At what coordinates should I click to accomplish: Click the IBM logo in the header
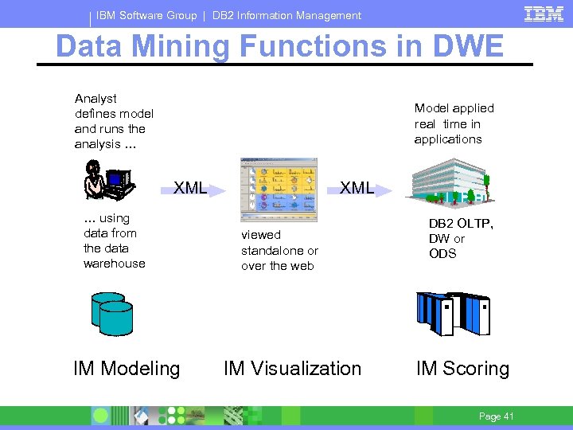[544, 14]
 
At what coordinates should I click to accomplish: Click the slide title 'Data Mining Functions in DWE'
[279, 46]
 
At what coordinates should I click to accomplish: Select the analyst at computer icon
[106, 180]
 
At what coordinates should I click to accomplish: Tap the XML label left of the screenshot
[190, 189]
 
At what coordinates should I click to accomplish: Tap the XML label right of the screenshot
[357, 188]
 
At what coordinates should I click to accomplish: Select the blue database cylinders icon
[111, 314]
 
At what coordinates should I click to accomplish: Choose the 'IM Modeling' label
[127, 369]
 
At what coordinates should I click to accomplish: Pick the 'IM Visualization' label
[292, 369]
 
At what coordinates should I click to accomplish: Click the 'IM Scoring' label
[462, 369]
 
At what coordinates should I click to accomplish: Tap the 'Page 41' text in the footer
[496, 416]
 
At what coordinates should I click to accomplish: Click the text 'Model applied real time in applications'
[454, 123]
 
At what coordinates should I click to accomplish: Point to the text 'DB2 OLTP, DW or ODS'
[461, 238]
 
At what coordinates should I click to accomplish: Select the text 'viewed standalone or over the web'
[279, 250]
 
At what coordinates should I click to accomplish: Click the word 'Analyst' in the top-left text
[95, 99]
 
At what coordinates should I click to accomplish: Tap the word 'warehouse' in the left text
[115, 264]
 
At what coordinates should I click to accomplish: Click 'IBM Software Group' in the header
[146, 15]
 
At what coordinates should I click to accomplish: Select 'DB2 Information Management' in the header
[286, 15]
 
